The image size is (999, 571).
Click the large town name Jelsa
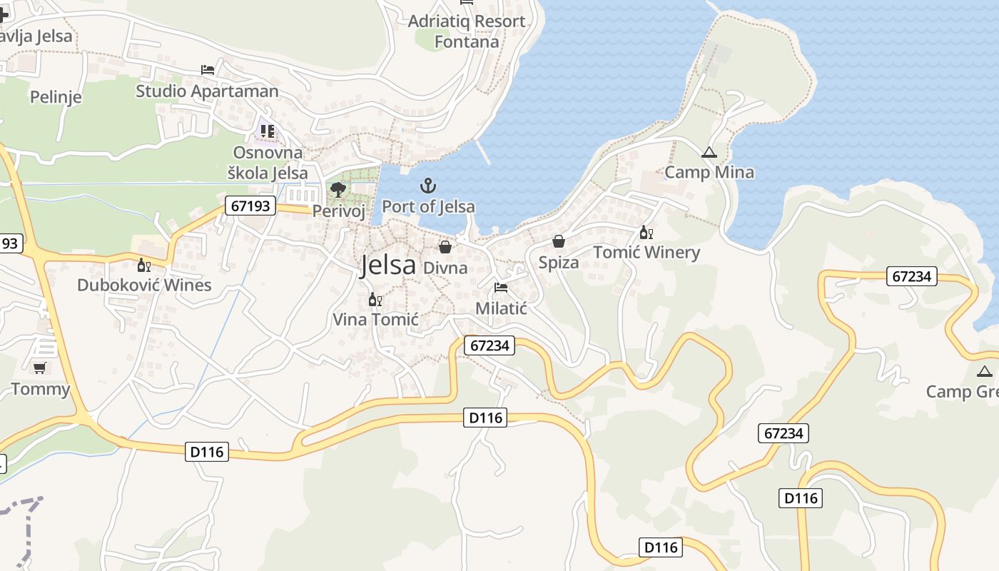[388, 265]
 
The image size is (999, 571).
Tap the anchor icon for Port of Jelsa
[427, 186]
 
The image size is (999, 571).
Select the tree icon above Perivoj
[338, 190]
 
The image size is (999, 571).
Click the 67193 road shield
[250, 206]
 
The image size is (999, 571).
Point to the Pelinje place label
[56, 97]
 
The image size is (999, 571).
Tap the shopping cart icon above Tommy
[40, 368]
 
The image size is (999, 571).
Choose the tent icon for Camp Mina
[709, 153]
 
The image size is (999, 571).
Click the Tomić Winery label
[646, 252]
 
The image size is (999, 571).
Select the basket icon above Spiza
[559, 242]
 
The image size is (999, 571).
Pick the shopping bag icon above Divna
[445, 248]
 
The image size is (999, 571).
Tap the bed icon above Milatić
[501, 288]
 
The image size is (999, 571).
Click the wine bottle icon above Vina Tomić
[375, 300]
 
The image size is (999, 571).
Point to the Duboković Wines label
[144, 285]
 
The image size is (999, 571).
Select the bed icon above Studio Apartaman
[207, 70]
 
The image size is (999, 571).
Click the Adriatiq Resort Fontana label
[467, 31]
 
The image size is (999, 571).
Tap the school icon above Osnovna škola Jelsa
[268, 131]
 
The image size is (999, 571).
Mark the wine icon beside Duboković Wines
[144, 266]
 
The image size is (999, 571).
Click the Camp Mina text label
[709, 172]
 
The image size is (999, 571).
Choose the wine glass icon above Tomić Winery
[646, 233]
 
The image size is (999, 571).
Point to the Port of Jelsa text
[428, 207]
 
